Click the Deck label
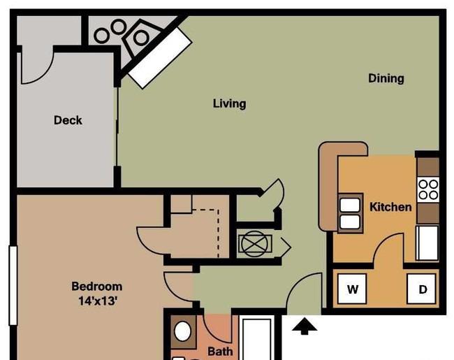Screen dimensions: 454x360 coord(68,120)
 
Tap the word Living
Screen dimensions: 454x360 coord(230,103)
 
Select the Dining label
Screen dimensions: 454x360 coord(386,78)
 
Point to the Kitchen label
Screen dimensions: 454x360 coord(390,207)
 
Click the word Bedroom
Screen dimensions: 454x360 coord(96,287)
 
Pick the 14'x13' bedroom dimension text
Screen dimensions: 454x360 coord(98,301)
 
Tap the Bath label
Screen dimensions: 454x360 coord(220,352)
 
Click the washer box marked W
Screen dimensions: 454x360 coord(352,289)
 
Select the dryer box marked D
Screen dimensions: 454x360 coord(422,289)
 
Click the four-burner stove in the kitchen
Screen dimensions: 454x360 coord(428,190)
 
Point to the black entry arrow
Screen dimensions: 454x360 coord(305,326)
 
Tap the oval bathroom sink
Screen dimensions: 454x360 coord(183,331)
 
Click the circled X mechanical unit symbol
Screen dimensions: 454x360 coord(254,244)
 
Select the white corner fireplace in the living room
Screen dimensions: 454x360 coord(160,58)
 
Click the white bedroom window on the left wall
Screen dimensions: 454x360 coord(13,285)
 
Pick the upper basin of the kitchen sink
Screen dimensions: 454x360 coord(350,206)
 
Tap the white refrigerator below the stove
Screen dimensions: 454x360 coord(427,243)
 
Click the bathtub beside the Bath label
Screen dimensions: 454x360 coord(257,339)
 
